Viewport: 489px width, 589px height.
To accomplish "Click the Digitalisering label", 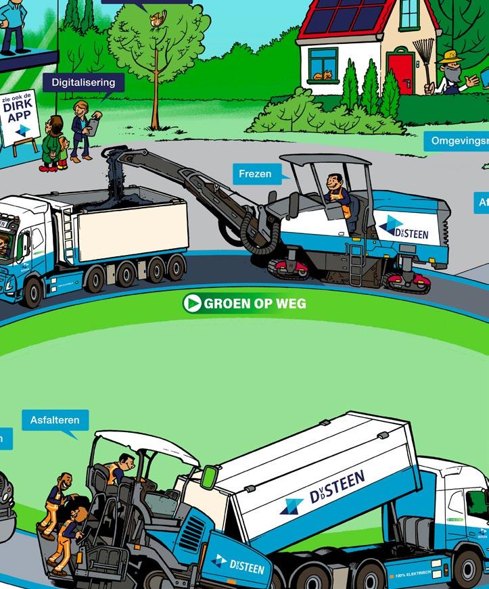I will point(84,83).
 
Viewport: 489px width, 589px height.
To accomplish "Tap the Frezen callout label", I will point(255,174).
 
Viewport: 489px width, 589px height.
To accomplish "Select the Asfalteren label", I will point(55,420).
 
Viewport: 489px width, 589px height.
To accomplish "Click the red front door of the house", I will point(400,74).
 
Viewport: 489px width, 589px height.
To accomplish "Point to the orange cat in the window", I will point(327,74).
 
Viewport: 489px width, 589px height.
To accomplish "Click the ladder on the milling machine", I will point(356,260).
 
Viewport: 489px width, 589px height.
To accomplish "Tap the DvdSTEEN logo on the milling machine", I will point(404,228).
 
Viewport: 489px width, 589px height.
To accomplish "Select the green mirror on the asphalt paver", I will point(208,476).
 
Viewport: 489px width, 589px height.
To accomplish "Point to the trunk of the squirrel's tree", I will point(156,95).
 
